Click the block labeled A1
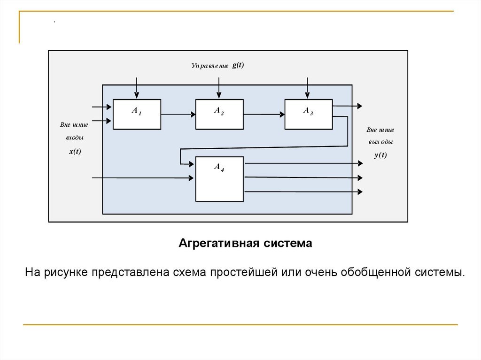(137, 114)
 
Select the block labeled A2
(219, 114)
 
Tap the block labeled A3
(308, 114)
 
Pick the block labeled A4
(219, 179)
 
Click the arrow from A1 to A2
(178, 114)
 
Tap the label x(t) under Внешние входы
(75, 151)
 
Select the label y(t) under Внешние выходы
(380, 155)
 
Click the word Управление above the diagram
(209, 66)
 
